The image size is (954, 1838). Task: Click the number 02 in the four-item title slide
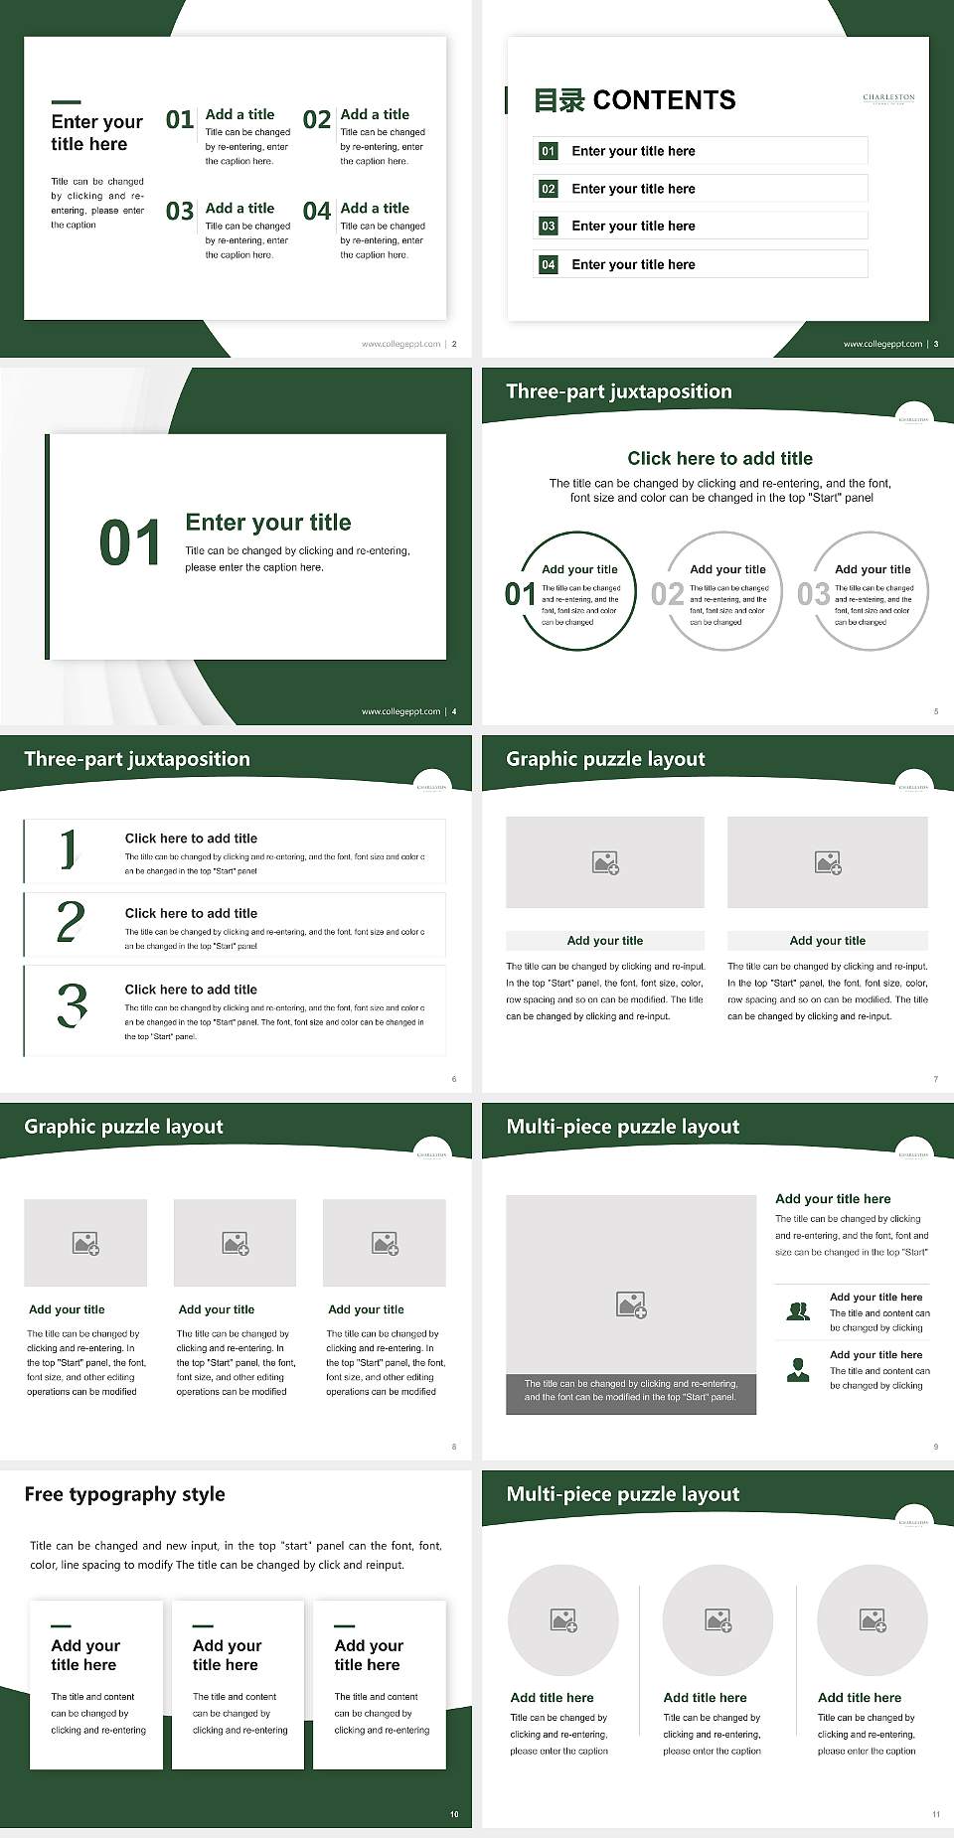(316, 120)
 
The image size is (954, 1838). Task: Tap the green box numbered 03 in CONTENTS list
(549, 227)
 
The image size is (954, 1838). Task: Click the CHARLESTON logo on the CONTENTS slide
(888, 98)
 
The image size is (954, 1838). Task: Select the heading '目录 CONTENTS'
(635, 100)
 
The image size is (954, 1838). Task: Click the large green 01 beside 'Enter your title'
(129, 543)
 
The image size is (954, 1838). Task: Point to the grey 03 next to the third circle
(813, 594)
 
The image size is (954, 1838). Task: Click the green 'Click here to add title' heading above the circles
(719, 458)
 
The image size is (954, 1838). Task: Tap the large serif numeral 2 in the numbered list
(71, 922)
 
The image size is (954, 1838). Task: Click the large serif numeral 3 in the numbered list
(72, 1004)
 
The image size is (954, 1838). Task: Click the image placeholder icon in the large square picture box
(631, 1304)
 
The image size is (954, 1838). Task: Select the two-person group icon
(798, 1311)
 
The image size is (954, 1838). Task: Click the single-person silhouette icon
(798, 1370)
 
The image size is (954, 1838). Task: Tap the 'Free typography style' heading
(124, 1494)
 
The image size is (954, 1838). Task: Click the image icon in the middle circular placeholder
(717, 1620)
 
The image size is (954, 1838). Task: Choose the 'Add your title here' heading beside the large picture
(833, 1199)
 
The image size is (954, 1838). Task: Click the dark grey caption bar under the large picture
(631, 1391)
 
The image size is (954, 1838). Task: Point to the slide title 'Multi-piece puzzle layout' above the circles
(623, 1494)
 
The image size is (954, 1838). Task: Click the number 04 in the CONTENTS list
(549, 264)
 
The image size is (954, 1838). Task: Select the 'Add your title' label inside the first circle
(579, 569)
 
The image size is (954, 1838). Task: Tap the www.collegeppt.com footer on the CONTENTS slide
(882, 344)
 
